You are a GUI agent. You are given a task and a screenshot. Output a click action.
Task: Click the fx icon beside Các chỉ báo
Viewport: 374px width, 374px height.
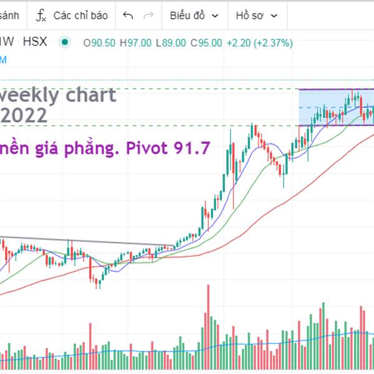pyautogui.click(x=41, y=16)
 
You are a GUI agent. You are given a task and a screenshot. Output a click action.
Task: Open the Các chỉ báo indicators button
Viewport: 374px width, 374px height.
pyautogui.click(x=80, y=16)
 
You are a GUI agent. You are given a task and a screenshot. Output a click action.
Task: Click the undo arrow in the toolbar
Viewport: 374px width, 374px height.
pyautogui.click(x=128, y=16)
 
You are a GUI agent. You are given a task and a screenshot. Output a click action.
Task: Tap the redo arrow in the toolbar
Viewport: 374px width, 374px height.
pyautogui.click(x=148, y=16)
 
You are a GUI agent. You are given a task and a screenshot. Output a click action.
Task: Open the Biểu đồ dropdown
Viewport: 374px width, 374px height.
pyautogui.click(x=194, y=16)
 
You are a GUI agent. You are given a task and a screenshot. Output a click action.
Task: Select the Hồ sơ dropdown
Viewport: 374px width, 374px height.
pyautogui.click(x=256, y=16)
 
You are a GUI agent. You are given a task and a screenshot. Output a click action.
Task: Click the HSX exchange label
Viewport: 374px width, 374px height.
pyautogui.click(x=35, y=43)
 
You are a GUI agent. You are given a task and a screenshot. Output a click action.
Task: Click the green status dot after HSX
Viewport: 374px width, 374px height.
pyautogui.click(x=64, y=43)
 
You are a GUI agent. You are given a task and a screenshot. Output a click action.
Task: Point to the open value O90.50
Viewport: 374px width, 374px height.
pyautogui.click(x=99, y=43)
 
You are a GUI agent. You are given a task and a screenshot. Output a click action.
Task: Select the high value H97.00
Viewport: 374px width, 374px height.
pyautogui.click(x=136, y=43)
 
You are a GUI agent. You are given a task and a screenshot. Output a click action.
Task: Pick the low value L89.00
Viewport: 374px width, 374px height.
pyautogui.click(x=171, y=43)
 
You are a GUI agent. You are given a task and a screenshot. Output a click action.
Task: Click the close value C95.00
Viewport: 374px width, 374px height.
pyautogui.click(x=206, y=43)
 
